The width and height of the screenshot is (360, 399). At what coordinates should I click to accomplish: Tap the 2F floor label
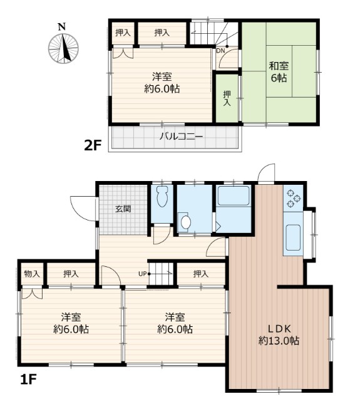coord(93,145)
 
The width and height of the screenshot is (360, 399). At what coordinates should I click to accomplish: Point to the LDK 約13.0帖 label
coord(279,335)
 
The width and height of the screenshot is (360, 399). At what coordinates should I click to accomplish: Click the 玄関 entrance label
coord(123,209)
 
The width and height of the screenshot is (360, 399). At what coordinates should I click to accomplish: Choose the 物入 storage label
coord(32,274)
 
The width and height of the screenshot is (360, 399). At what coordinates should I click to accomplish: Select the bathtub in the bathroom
coord(233,197)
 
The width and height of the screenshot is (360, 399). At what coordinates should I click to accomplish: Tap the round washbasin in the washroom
coord(185,222)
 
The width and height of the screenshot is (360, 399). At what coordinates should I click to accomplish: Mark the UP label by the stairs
coord(143,274)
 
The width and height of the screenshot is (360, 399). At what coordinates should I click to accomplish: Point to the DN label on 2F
coord(221,51)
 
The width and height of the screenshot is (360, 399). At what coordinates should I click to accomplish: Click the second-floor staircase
coord(213,34)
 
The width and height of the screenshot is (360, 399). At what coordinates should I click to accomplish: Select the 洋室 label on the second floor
coord(163,83)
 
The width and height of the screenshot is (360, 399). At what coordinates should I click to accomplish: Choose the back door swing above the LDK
coord(266,174)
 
